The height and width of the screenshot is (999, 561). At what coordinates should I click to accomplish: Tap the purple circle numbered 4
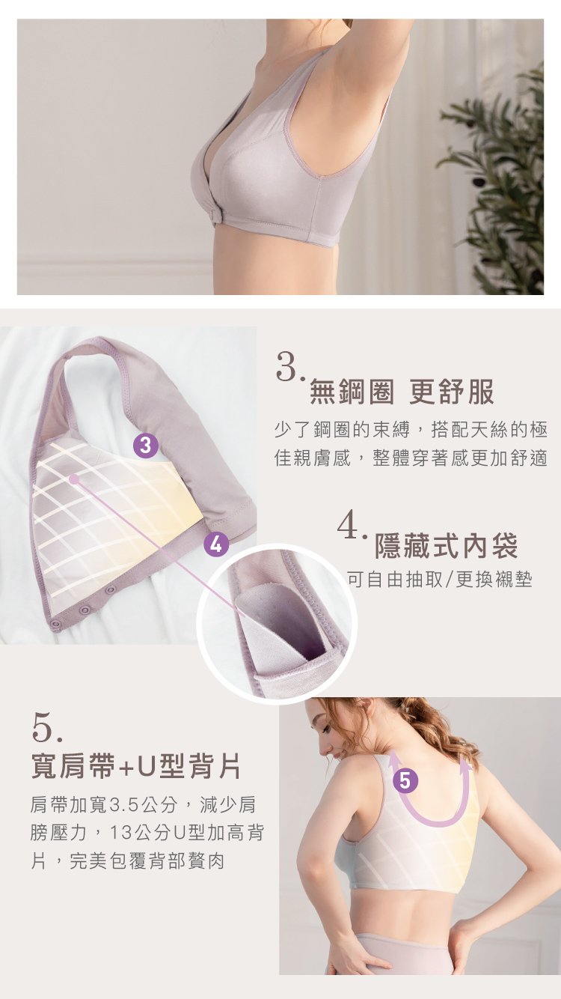click(215, 544)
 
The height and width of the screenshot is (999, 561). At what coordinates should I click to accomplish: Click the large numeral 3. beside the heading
click(289, 368)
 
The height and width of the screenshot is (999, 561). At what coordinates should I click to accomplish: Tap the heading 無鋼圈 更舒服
click(402, 392)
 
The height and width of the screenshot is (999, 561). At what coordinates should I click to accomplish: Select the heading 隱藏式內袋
click(446, 546)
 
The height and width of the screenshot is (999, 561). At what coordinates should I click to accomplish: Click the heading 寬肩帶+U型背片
click(136, 766)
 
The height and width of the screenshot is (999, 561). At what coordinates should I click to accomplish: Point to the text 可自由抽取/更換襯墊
click(440, 580)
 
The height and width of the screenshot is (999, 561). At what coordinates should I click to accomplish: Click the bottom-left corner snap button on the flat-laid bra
click(56, 623)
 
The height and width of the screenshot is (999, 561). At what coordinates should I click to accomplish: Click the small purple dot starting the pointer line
click(74, 479)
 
